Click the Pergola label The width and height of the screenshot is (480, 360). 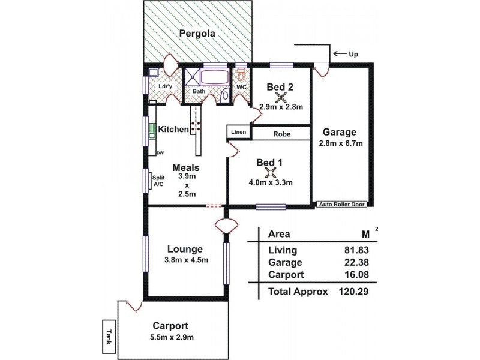pyautogui.click(x=197, y=34)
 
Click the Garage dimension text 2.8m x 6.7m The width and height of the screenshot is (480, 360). pyautogui.click(x=340, y=144)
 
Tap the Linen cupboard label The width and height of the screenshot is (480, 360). pyautogui.click(x=238, y=132)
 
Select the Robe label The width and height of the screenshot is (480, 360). pyautogui.click(x=282, y=135)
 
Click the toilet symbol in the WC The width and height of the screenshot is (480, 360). pyautogui.click(x=241, y=77)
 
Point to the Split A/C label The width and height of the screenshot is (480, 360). pyautogui.click(x=159, y=181)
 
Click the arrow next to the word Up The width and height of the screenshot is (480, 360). pyautogui.click(x=340, y=54)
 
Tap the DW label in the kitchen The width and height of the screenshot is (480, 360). pyautogui.click(x=160, y=154)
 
